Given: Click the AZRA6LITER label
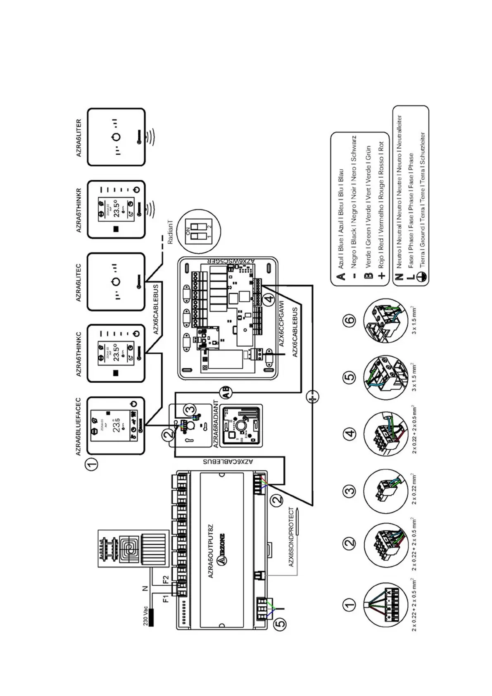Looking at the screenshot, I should click(x=79, y=138).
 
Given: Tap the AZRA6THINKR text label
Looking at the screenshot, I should click(x=79, y=210).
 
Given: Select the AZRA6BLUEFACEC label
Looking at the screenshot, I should click(x=78, y=427).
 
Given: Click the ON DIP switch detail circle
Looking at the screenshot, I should click(x=198, y=231).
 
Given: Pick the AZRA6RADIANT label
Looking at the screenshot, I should click(x=215, y=424).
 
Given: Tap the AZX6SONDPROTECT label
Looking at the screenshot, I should click(x=291, y=537).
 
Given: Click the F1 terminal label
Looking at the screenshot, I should click(x=165, y=598).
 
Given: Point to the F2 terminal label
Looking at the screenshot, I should click(x=165, y=579).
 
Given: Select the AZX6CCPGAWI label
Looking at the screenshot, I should click(x=281, y=324).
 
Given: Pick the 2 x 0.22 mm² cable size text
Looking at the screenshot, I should click(x=414, y=489).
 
